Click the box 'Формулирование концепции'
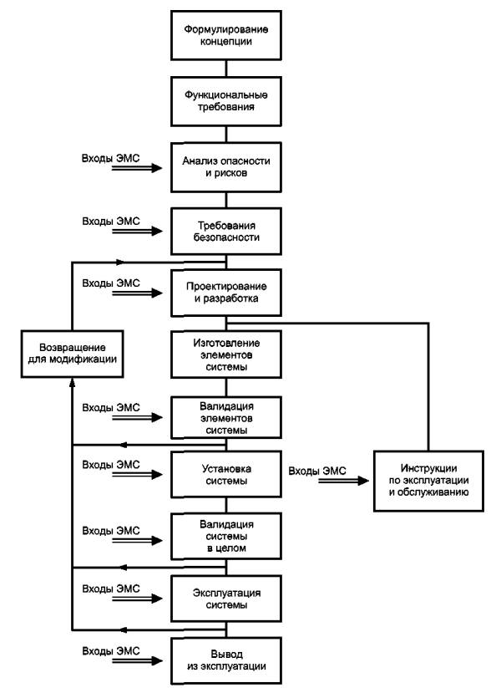point(226,35)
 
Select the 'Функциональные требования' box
point(226,101)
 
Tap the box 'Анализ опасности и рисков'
point(226,167)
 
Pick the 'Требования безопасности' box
point(226,232)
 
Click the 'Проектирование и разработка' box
point(226,293)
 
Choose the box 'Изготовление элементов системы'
point(226,354)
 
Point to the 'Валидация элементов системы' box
point(226,418)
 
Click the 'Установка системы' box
point(226,475)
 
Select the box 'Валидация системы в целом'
point(226,537)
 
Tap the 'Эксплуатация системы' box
point(226,599)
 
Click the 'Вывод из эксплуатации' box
point(226,660)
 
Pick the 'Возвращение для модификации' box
point(73,354)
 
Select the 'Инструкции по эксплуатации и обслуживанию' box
point(428,481)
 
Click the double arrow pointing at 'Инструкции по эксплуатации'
point(343,481)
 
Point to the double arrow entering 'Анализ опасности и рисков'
point(137,168)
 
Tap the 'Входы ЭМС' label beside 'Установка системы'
point(111,465)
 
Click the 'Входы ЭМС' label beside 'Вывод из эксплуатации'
point(111,651)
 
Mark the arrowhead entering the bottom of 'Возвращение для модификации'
point(73,382)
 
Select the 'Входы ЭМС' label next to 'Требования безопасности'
point(111,222)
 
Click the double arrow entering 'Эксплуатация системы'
point(137,599)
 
